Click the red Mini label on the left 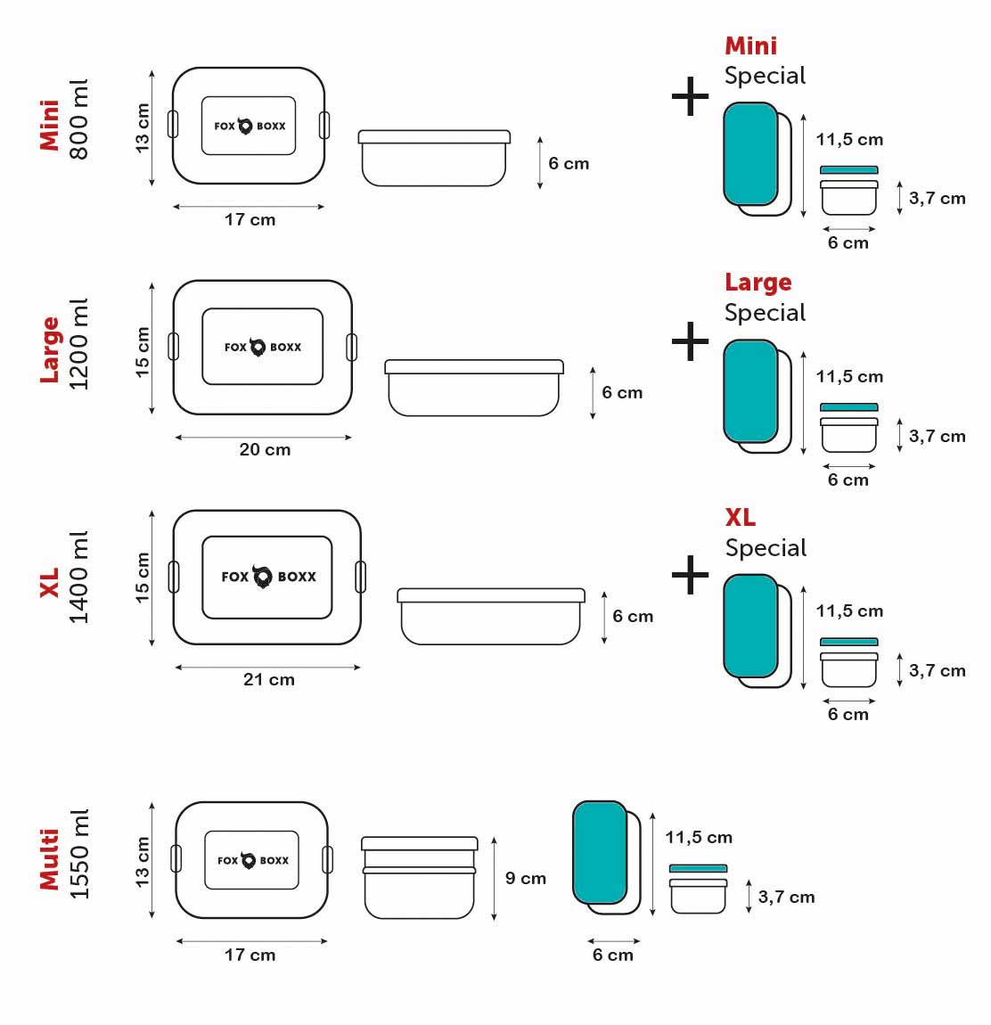[50, 125]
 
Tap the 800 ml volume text [78, 119]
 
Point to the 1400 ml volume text [78, 577]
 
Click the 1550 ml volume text [78, 855]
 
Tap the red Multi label [50, 859]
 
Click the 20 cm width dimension [265, 450]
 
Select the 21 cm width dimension [268, 680]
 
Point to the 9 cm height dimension [525, 879]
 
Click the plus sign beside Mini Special [690, 97]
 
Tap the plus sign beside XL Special [690, 574]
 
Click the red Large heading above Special [758, 283]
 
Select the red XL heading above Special [740, 518]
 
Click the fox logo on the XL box [263, 577]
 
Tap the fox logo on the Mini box [246, 127]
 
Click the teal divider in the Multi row [600, 852]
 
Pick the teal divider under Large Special [750, 390]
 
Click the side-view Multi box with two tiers [419, 878]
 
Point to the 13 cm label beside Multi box [143, 861]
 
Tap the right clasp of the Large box [351, 347]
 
